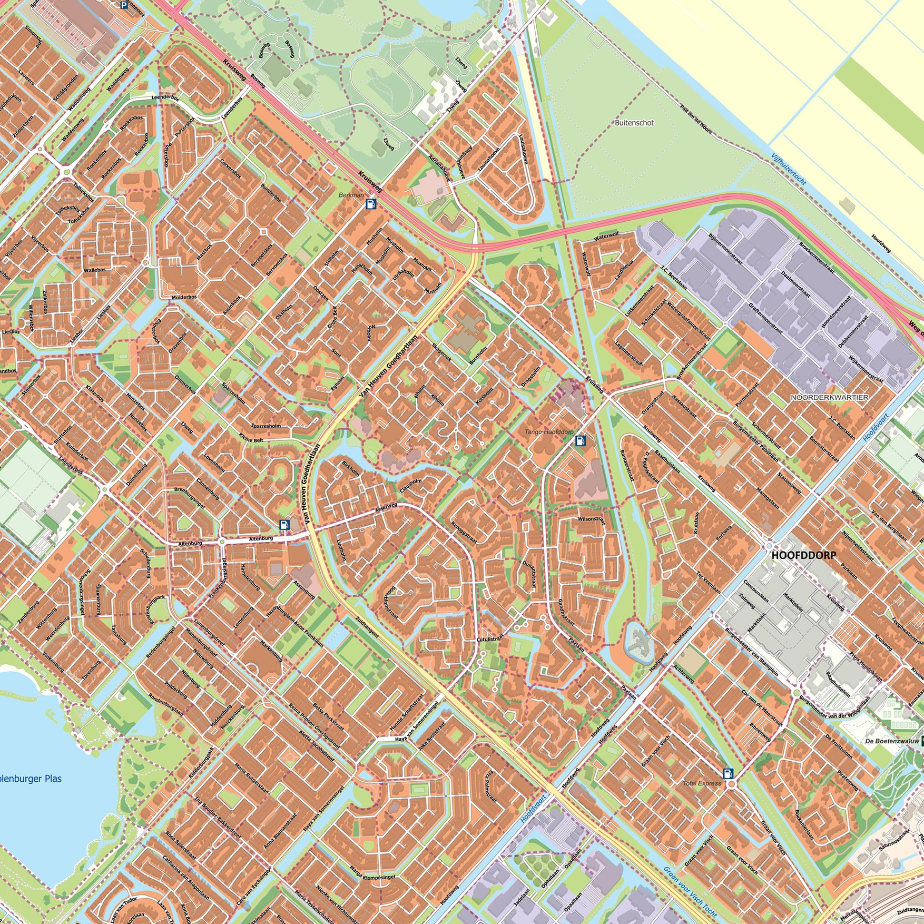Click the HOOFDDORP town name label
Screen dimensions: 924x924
(803, 555)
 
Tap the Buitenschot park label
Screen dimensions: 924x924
(634, 123)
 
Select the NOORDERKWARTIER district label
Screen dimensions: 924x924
(829, 397)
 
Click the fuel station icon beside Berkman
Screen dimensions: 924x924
(371, 203)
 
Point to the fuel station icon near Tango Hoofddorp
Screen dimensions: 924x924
(580, 440)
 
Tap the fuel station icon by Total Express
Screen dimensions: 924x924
(728, 773)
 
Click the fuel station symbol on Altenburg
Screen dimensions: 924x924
(284, 524)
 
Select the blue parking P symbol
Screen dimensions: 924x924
(124, 5)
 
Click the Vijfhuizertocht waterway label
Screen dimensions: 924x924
(788, 169)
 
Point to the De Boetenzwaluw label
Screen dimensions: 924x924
(892, 741)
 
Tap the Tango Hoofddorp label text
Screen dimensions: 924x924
(548, 431)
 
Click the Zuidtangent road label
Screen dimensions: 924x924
(367, 627)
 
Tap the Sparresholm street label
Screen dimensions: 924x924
(266, 426)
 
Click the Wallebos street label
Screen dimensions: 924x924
(95, 270)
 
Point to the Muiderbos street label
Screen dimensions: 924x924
(184, 297)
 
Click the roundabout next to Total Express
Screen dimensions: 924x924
(731, 784)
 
